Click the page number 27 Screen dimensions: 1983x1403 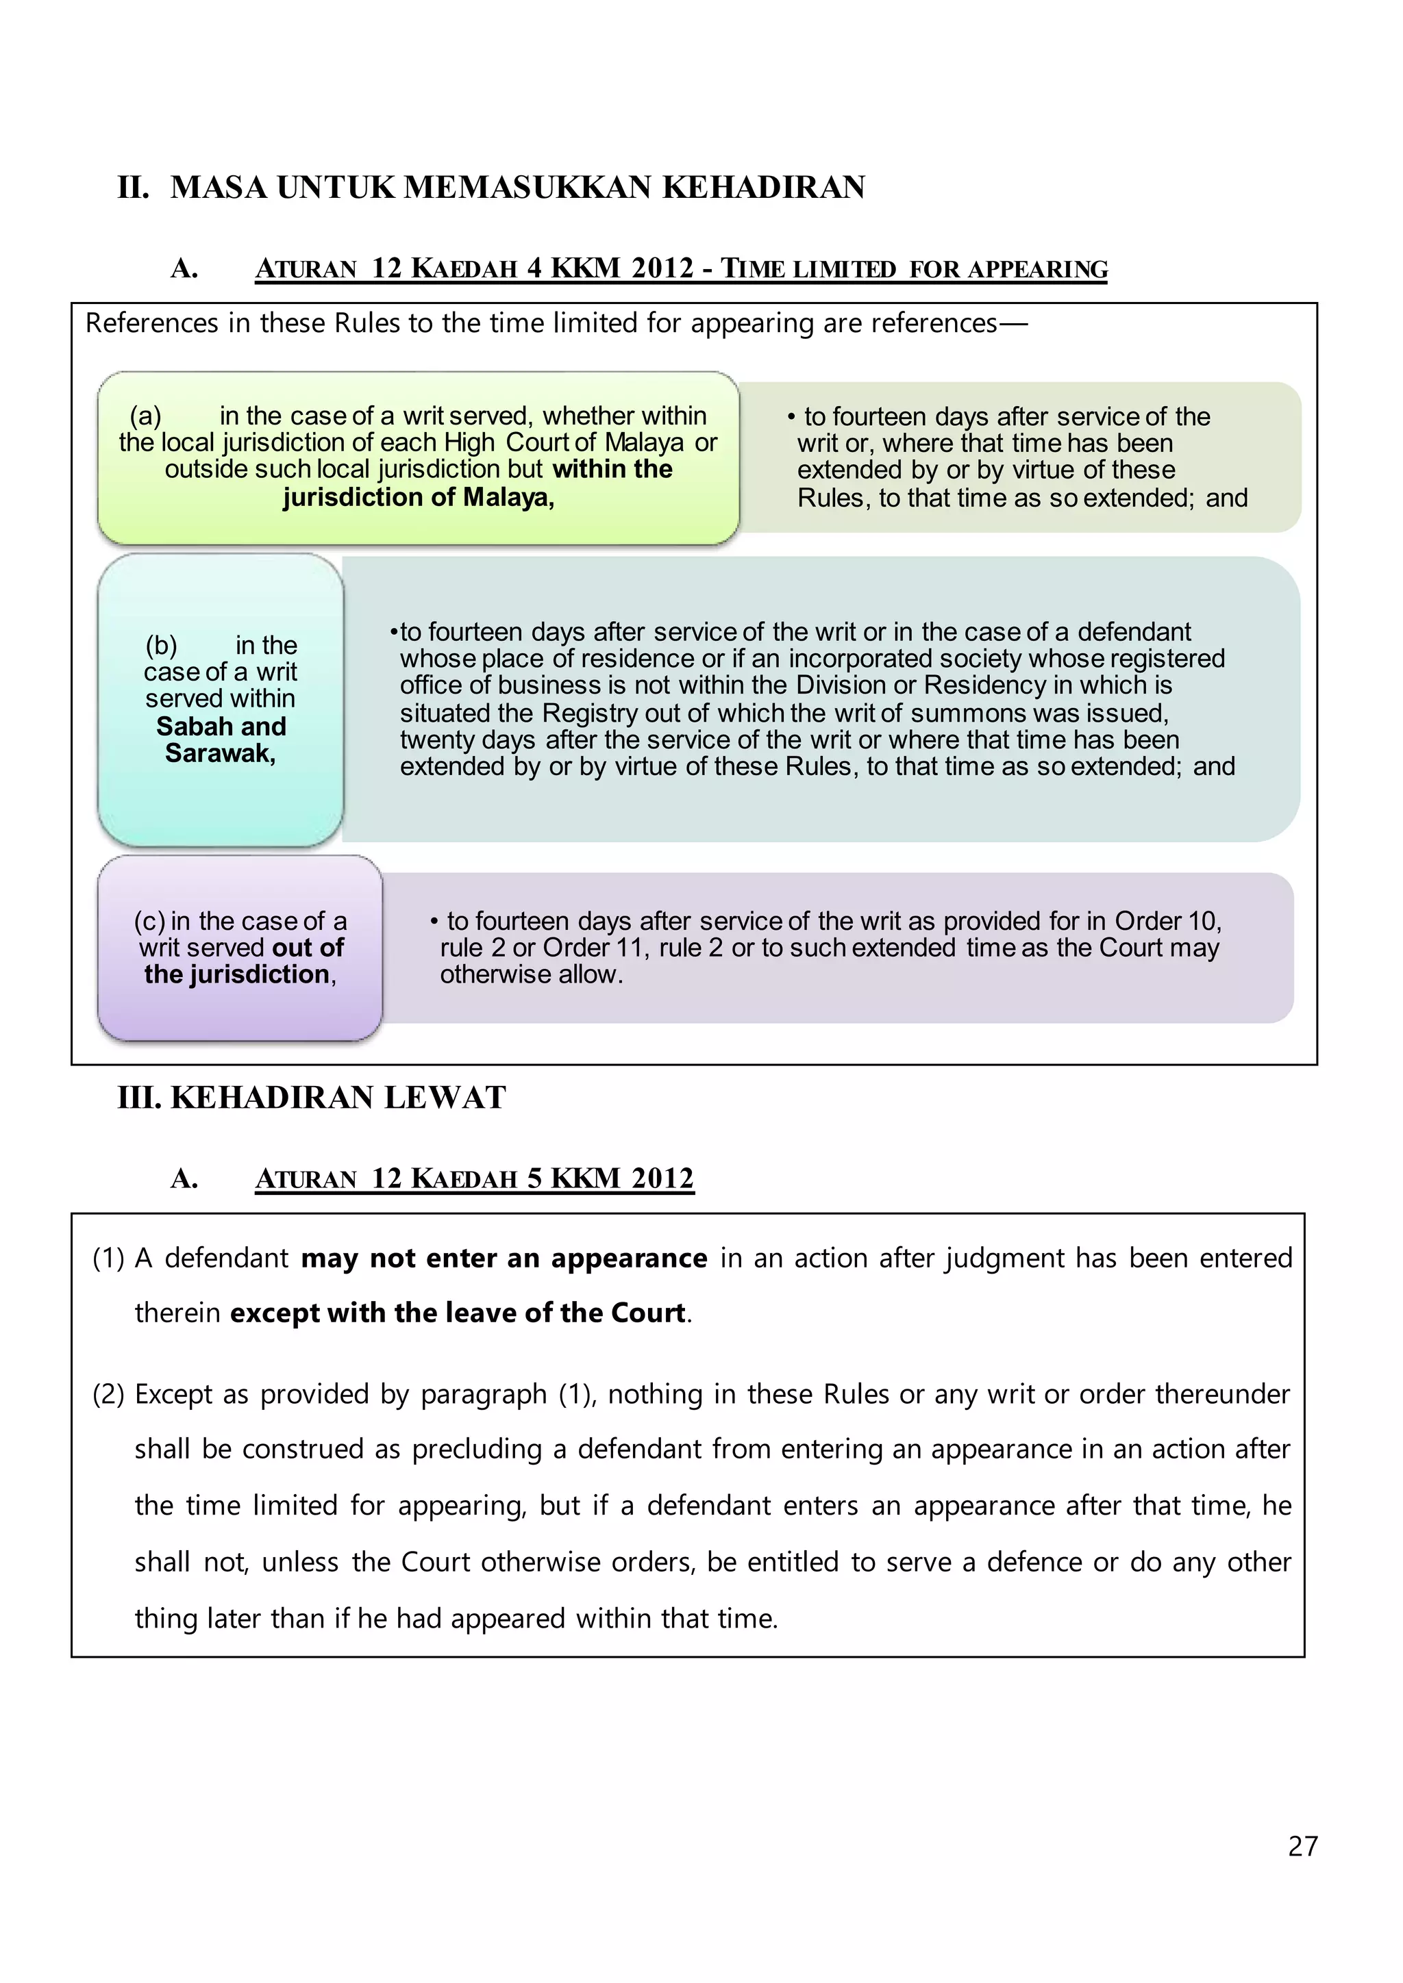click(x=1302, y=1845)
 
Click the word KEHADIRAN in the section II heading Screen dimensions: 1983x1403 click(x=764, y=188)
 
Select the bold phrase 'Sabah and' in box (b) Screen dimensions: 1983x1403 click(x=221, y=727)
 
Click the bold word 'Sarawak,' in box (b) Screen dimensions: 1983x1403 click(x=221, y=753)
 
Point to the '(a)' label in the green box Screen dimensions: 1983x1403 click(x=145, y=416)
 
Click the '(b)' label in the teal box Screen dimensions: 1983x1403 click(x=161, y=645)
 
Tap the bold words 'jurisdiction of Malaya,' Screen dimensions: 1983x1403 click(x=418, y=498)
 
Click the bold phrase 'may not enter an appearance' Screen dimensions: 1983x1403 click(x=504, y=1259)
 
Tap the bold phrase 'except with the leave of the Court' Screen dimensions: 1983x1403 click(x=458, y=1313)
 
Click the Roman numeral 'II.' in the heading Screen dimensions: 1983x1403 click(x=134, y=188)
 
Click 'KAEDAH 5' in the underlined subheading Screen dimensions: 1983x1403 click(x=477, y=1179)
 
